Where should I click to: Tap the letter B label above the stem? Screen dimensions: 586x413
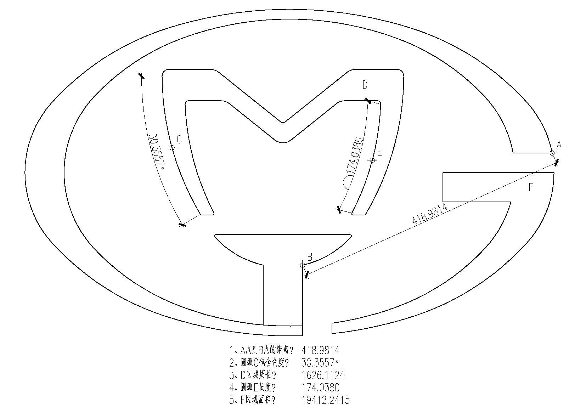pyautogui.click(x=310, y=257)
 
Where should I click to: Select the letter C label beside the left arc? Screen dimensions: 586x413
pyautogui.click(x=179, y=140)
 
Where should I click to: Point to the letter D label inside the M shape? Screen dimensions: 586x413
pyautogui.click(x=365, y=85)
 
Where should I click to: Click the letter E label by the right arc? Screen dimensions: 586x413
pyautogui.click(x=379, y=152)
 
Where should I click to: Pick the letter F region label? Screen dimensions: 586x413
pyautogui.click(x=531, y=187)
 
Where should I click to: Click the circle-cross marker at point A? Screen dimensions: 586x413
pyautogui.click(x=552, y=153)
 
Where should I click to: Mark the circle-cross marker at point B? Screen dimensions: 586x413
pyautogui.click(x=303, y=265)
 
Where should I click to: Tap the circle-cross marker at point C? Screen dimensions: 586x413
pyautogui.click(x=172, y=148)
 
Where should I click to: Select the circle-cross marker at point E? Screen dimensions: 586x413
pyautogui.click(x=372, y=160)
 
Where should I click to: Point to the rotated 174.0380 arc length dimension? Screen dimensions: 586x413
pyautogui.click(x=355, y=156)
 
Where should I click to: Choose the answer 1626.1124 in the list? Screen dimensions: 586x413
pyautogui.click(x=323, y=375)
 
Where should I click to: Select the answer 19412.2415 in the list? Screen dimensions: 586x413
pyautogui.click(x=326, y=400)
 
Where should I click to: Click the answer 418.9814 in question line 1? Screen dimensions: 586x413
pyautogui.click(x=321, y=350)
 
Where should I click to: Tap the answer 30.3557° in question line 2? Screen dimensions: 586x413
pyautogui.click(x=320, y=362)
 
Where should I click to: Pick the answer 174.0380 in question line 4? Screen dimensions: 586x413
pyautogui.click(x=321, y=387)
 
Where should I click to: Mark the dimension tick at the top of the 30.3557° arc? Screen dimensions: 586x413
pyautogui.click(x=141, y=76)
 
